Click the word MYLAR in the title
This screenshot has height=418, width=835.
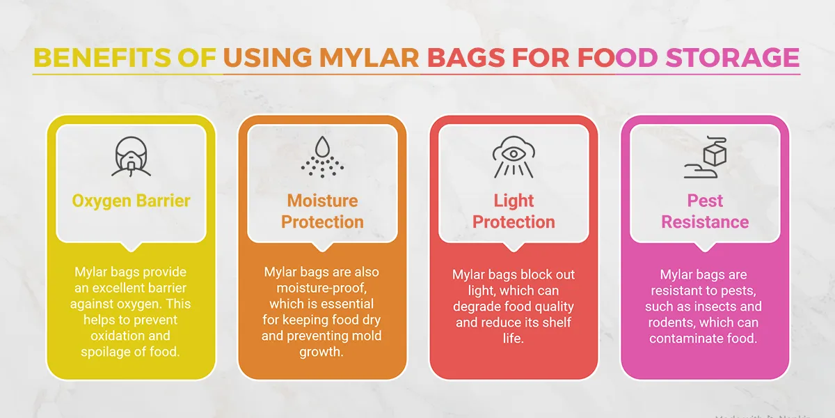[369, 57]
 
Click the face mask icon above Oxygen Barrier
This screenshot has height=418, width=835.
[131, 156]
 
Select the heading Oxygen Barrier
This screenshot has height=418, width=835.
[131, 201]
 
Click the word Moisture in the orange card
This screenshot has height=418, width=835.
[322, 201]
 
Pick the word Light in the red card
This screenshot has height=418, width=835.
[514, 201]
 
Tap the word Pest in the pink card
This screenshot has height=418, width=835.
[705, 201]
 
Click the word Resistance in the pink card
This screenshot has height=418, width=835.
[705, 222]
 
